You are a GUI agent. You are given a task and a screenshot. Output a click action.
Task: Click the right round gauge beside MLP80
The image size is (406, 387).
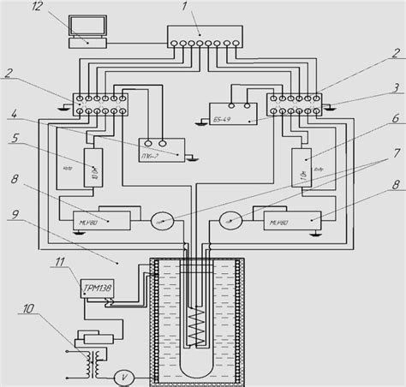pos(233,220)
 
